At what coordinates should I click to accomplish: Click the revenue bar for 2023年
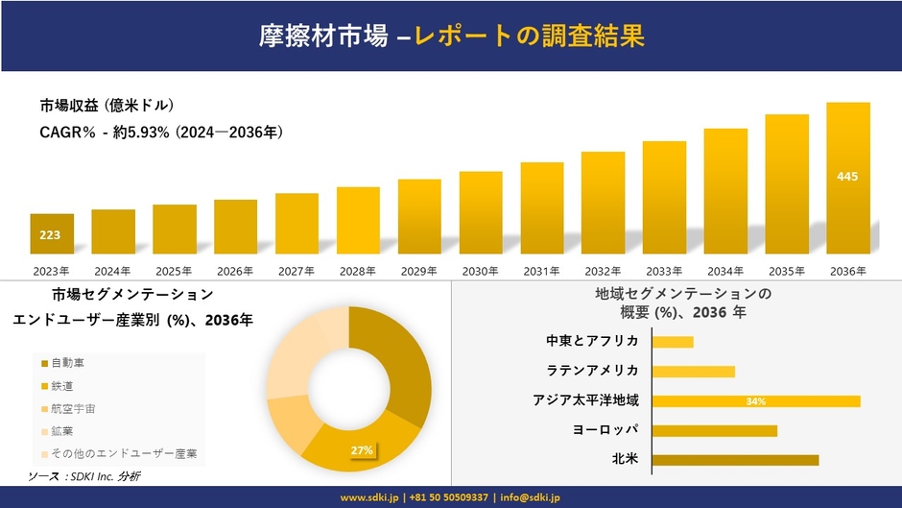pos(52,233)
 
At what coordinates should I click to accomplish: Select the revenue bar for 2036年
pos(848,178)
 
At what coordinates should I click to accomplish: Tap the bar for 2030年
pos(481,212)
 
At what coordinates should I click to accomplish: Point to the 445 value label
pos(847,177)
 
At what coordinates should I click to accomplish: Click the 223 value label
pos(50,234)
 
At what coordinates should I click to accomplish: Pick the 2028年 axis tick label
pos(358,271)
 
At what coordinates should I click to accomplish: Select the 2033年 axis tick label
pos(664,271)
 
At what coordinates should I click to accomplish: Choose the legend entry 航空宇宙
pos(74,408)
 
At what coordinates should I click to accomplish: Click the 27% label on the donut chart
pos(362,449)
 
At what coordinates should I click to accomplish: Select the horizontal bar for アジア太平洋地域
pos(756,400)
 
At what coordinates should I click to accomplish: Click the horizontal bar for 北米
pos(735,459)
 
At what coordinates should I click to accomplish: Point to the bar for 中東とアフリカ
pos(673,342)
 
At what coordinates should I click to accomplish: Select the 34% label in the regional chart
pos(755,400)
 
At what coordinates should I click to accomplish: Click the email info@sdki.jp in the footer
pos(531,497)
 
